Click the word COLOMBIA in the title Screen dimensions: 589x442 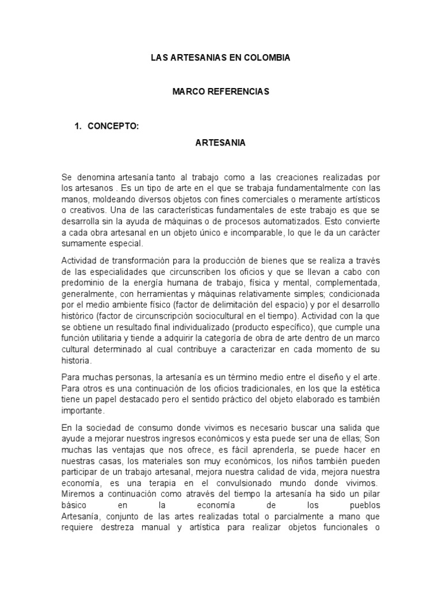click(265, 58)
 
